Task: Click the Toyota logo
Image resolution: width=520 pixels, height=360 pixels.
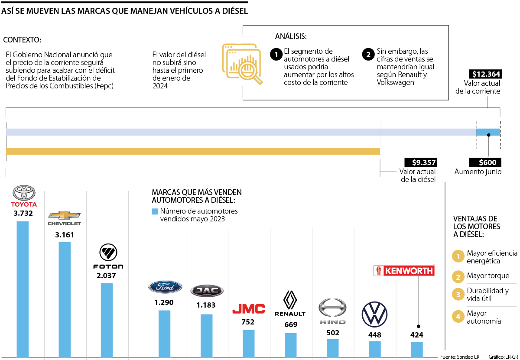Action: [x=23, y=193]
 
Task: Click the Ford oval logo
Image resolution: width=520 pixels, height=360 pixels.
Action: [x=165, y=287]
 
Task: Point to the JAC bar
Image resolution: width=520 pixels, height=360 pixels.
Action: [x=206, y=335]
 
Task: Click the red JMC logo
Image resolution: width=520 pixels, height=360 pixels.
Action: [x=248, y=309]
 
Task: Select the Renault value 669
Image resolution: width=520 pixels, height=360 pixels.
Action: [x=290, y=324]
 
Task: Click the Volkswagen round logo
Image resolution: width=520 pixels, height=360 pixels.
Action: [x=374, y=314]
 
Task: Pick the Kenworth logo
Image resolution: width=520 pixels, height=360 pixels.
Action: [x=404, y=271]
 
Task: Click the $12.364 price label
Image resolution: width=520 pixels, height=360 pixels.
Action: [x=485, y=74]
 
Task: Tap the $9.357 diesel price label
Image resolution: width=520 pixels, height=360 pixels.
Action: [x=420, y=162]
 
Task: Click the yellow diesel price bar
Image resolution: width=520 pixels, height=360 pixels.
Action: [x=193, y=151]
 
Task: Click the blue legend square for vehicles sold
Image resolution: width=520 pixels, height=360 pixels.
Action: [x=155, y=211]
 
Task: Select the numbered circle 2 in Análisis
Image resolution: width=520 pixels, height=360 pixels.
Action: [x=368, y=55]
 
